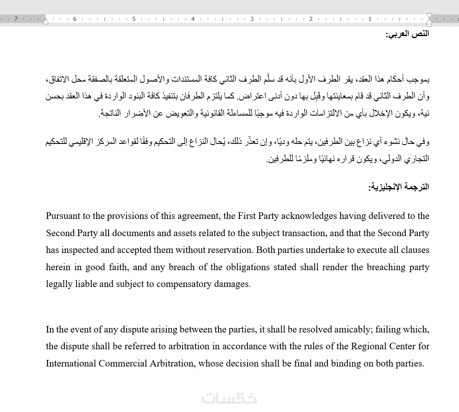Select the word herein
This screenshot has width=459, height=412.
click(58, 267)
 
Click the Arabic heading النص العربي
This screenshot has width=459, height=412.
click(407, 34)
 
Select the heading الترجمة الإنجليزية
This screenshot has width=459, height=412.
click(399, 187)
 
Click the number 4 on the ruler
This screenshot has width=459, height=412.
click(193, 19)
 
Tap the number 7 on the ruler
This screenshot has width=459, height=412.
click(16, 19)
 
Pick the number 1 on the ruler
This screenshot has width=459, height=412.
click(370, 19)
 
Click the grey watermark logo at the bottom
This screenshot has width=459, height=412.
click(229, 398)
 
